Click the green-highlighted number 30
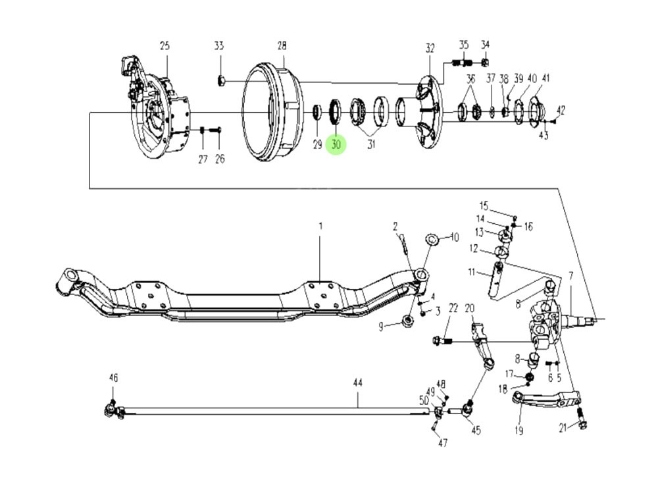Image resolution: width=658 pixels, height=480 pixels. [336, 144]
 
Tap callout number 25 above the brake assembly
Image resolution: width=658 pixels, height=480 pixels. [164, 45]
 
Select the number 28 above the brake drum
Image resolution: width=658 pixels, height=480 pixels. [282, 45]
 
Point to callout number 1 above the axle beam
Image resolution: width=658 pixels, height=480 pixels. [321, 227]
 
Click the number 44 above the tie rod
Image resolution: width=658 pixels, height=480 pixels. [358, 383]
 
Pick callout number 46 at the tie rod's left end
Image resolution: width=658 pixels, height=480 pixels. [113, 377]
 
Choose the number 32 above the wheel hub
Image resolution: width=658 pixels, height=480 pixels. [430, 48]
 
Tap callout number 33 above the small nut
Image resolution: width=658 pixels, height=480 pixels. [218, 45]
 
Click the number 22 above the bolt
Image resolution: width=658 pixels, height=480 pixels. [453, 308]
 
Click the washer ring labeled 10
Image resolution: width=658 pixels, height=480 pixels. [432, 238]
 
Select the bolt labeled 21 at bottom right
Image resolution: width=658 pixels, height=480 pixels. [581, 417]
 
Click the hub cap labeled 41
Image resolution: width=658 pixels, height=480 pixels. [536, 109]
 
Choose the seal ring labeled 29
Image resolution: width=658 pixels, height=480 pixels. [317, 111]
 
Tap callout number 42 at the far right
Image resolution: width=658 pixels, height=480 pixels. [561, 110]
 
